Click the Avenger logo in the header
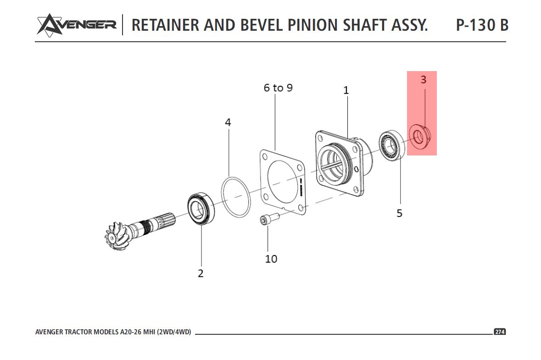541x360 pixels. [76, 24]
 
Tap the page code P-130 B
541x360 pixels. [482, 25]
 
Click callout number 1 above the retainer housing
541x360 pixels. [346, 91]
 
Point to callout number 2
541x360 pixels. [201, 274]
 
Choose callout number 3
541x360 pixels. [423, 79]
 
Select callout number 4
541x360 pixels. [228, 122]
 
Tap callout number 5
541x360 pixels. [399, 213]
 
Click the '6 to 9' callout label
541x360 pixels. [278, 88]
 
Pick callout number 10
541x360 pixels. [271, 259]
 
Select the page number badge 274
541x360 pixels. [499, 332]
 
